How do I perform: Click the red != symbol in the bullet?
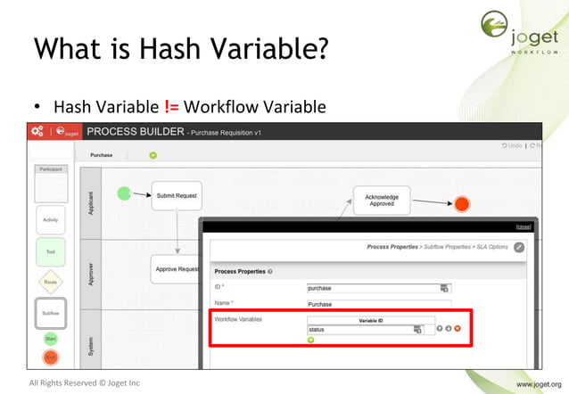point(172,108)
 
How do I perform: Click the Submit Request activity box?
point(176,195)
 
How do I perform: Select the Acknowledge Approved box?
point(382,200)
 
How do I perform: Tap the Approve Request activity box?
point(175,268)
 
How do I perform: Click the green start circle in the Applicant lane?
point(124,193)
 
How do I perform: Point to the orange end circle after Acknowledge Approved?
point(461,204)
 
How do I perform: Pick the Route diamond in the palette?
point(50,283)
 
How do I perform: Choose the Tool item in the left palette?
point(50,251)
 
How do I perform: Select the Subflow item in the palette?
point(50,313)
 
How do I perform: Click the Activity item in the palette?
point(50,219)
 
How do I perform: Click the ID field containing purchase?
point(374,288)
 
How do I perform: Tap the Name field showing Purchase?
point(374,304)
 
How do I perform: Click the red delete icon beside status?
point(457,329)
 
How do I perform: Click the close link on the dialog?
point(523,226)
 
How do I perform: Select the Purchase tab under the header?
point(101,155)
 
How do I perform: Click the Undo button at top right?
point(511,145)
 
